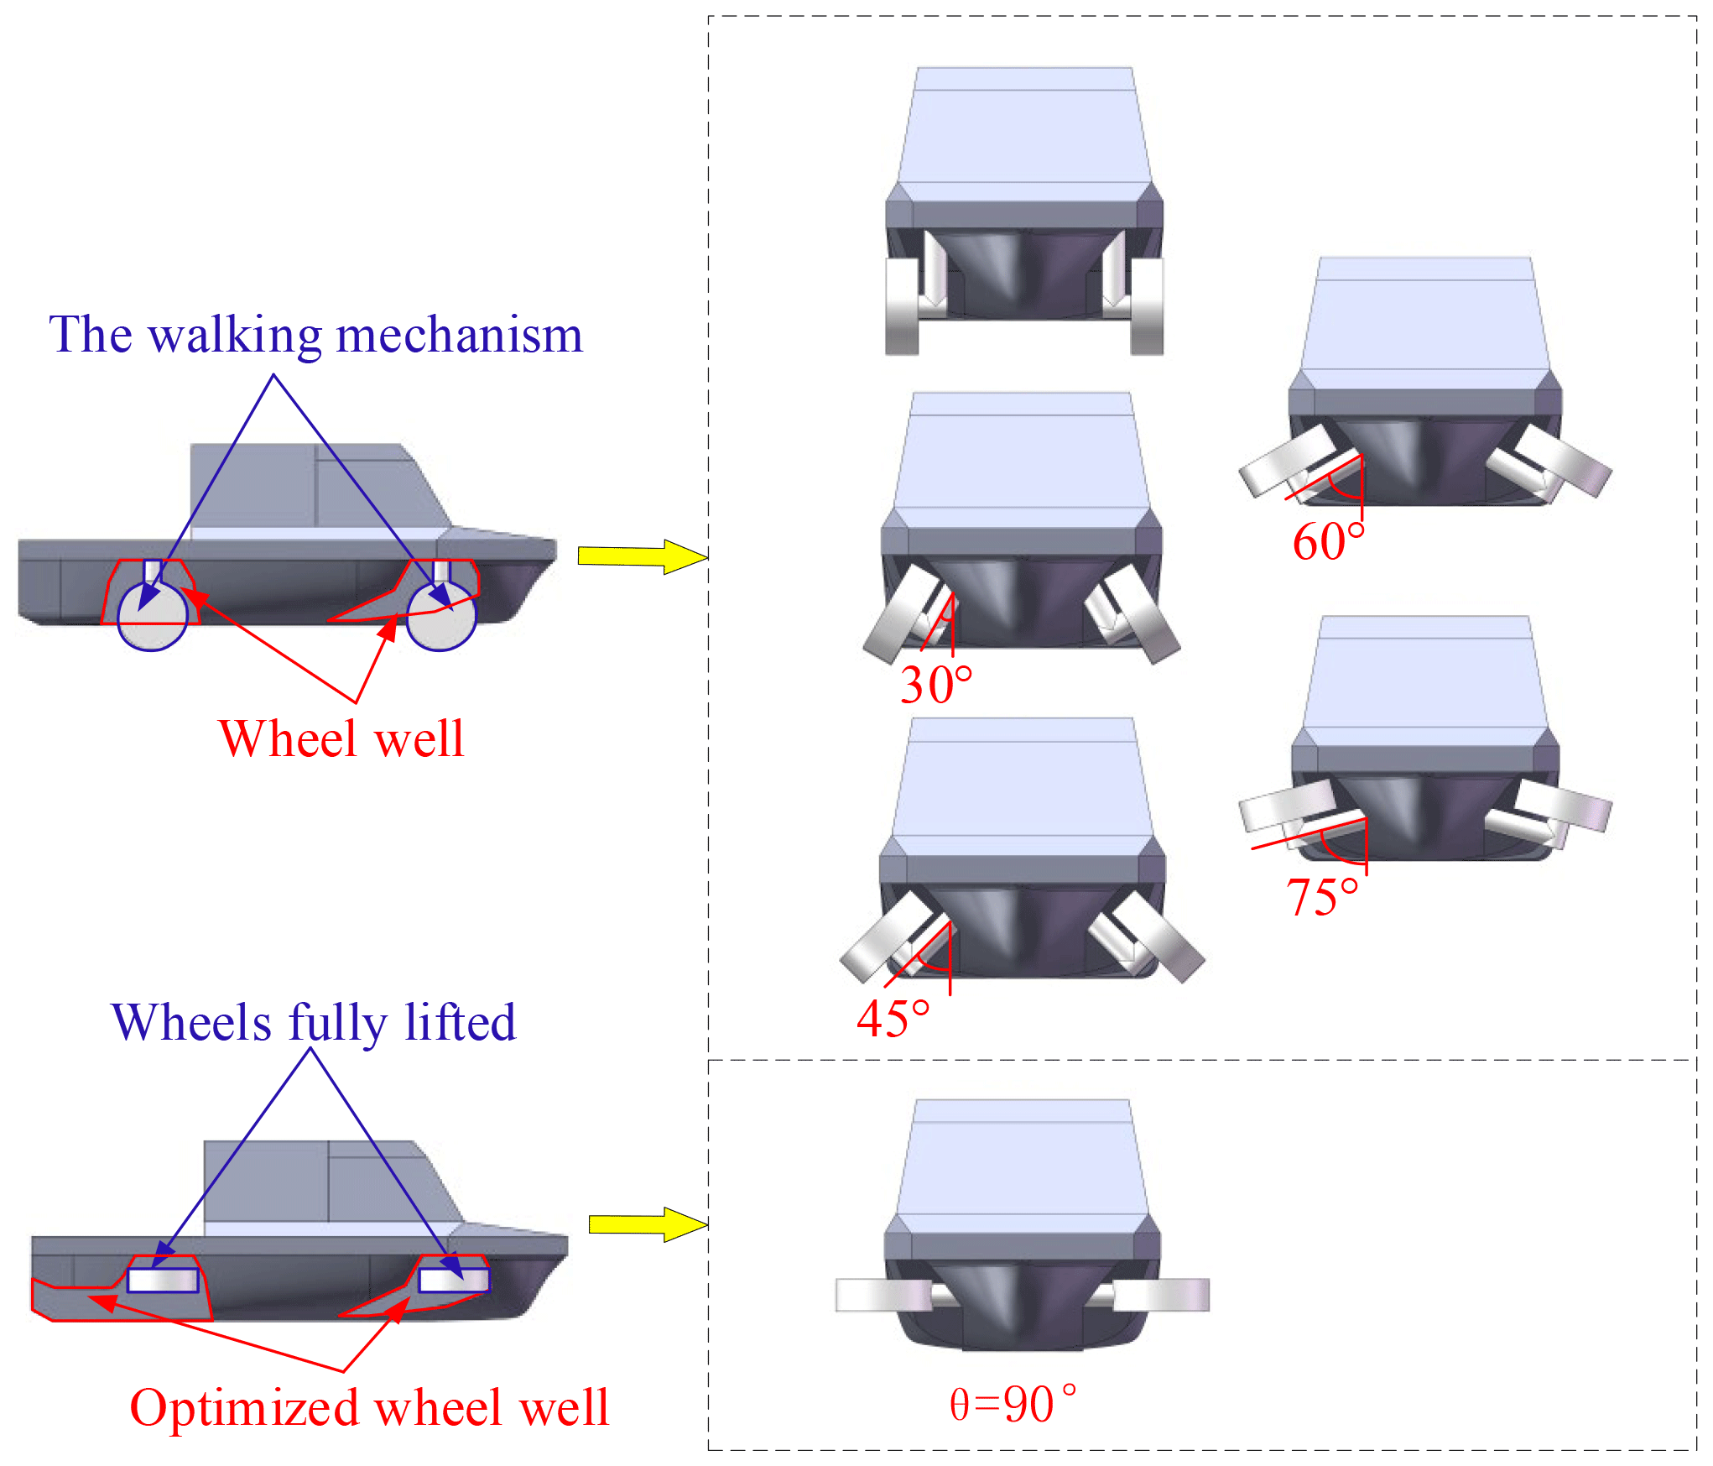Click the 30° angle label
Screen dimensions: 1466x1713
(x=935, y=684)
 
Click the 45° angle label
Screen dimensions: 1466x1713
(x=893, y=1019)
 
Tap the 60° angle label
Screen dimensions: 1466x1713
(x=1328, y=541)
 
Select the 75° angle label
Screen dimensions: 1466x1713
(x=1322, y=896)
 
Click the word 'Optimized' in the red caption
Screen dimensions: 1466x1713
(x=244, y=1407)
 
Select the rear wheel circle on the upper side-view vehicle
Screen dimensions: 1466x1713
(x=153, y=616)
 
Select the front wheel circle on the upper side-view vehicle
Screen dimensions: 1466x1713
(x=441, y=615)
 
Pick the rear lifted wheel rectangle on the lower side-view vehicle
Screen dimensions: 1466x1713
(x=163, y=1280)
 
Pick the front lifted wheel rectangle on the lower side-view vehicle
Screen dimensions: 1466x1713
(x=454, y=1280)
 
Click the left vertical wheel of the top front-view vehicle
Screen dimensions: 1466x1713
(x=902, y=307)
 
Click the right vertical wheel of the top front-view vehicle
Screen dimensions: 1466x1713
(x=1147, y=307)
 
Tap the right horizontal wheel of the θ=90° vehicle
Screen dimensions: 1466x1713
(x=1162, y=1295)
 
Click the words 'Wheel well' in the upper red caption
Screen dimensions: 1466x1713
(x=341, y=739)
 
